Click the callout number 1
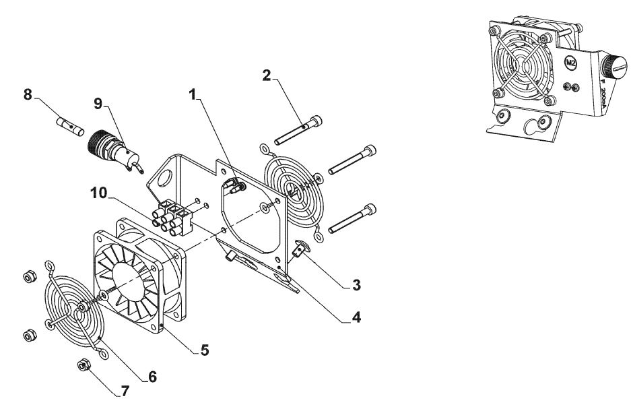point(193,94)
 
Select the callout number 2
point(267,75)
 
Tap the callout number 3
point(356,285)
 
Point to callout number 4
point(356,317)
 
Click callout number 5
point(205,350)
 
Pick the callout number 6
point(152,377)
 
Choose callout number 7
point(125,391)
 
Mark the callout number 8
point(28,94)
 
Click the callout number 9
point(98,104)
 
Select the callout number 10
point(99,193)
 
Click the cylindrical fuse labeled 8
point(70,127)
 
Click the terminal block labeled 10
point(172,217)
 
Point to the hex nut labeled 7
point(84,364)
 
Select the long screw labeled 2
point(298,129)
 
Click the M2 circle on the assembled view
point(570,63)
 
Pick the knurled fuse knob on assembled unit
point(614,67)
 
